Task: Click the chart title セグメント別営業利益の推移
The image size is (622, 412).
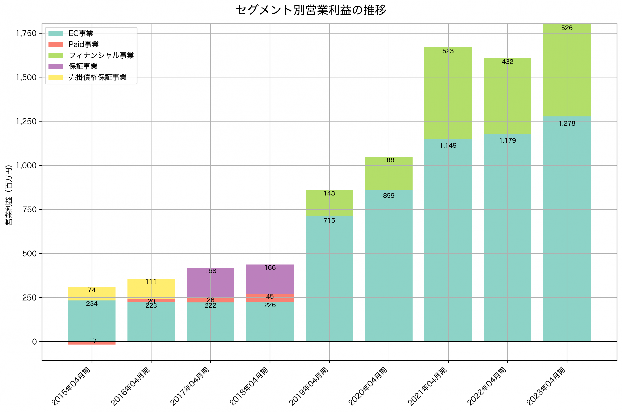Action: [311, 10]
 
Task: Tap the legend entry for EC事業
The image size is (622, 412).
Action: [81, 33]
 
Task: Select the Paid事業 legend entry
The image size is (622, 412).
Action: [83, 44]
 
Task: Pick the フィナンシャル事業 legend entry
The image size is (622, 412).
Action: [101, 55]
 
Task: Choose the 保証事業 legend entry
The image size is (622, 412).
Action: [83, 66]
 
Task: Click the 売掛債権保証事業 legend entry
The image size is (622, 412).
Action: [97, 77]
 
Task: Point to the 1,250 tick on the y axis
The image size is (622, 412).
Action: [26, 121]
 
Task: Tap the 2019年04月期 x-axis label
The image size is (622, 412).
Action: [309, 386]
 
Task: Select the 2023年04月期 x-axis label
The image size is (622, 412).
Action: [546, 386]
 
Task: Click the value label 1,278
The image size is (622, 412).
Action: [567, 124]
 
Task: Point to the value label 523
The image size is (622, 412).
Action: [448, 51]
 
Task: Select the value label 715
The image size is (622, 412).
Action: [329, 221]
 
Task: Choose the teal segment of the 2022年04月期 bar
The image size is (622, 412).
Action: [507, 236]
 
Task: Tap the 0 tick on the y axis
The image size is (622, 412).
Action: [34, 342]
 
